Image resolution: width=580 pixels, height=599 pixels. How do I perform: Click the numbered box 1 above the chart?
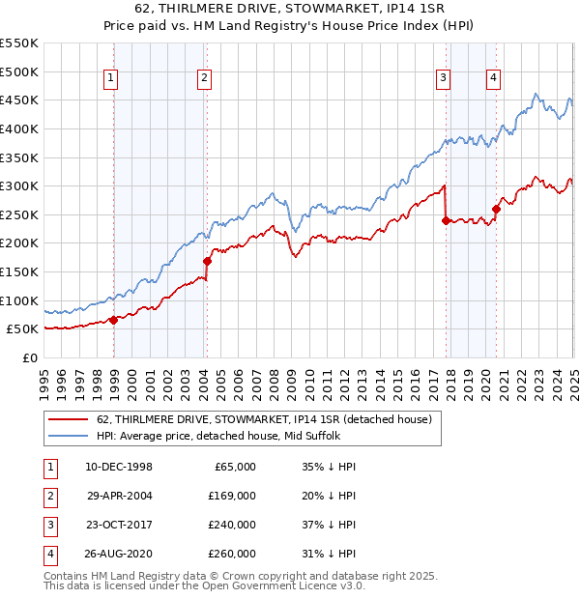pyautogui.click(x=111, y=79)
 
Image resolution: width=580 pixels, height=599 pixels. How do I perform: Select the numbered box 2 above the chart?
pyautogui.click(x=205, y=79)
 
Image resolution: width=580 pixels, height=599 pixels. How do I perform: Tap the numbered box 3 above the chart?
pyautogui.click(x=443, y=79)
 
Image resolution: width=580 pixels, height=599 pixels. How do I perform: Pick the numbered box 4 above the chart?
pyautogui.click(x=493, y=79)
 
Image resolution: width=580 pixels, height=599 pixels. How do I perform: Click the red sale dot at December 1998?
pyautogui.click(x=113, y=320)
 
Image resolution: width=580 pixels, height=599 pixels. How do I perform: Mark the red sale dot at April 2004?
pyautogui.click(x=207, y=261)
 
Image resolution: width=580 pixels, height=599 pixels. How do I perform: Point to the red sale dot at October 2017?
pyautogui.click(x=446, y=220)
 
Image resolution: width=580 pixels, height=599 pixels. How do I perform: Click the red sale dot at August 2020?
pyautogui.click(x=496, y=209)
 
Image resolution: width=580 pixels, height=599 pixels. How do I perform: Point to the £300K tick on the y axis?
pyautogui.click(x=19, y=185)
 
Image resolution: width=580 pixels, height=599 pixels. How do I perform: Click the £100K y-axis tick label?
pyautogui.click(x=19, y=300)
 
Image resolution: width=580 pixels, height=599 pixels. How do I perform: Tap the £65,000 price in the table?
pyautogui.click(x=235, y=467)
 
